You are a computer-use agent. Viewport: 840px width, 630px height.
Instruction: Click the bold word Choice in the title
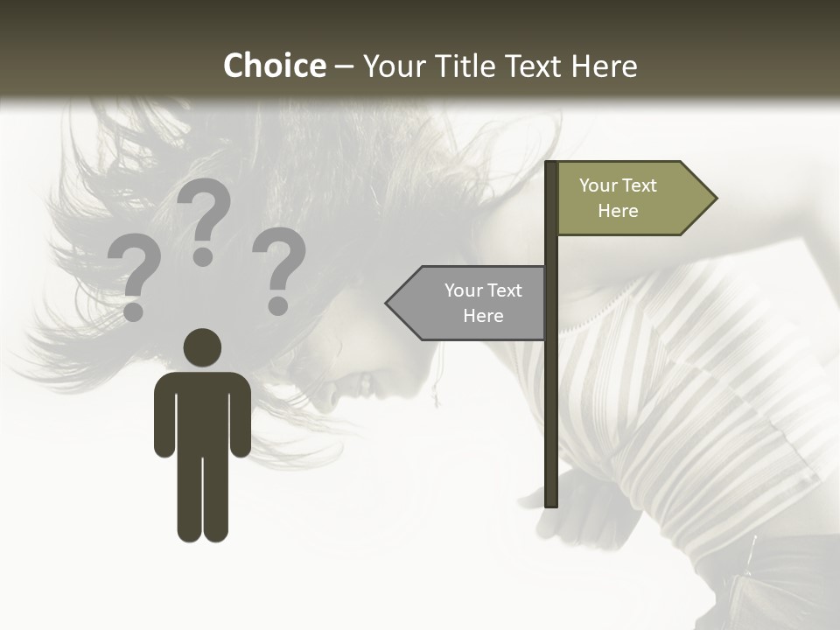[274, 66]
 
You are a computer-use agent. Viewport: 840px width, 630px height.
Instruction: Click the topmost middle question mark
[204, 220]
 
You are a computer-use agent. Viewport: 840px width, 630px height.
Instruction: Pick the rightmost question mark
[279, 269]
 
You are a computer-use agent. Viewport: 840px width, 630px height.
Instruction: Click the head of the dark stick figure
[202, 347]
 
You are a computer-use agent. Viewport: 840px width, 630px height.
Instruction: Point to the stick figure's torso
[202, 411]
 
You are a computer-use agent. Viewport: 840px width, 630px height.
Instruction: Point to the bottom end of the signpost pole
[551, 502]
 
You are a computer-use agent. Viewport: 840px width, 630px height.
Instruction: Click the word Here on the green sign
[618, 211]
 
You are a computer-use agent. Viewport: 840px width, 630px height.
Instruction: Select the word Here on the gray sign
[483, 316]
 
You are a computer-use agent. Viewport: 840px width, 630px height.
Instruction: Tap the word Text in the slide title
[535, 66]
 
